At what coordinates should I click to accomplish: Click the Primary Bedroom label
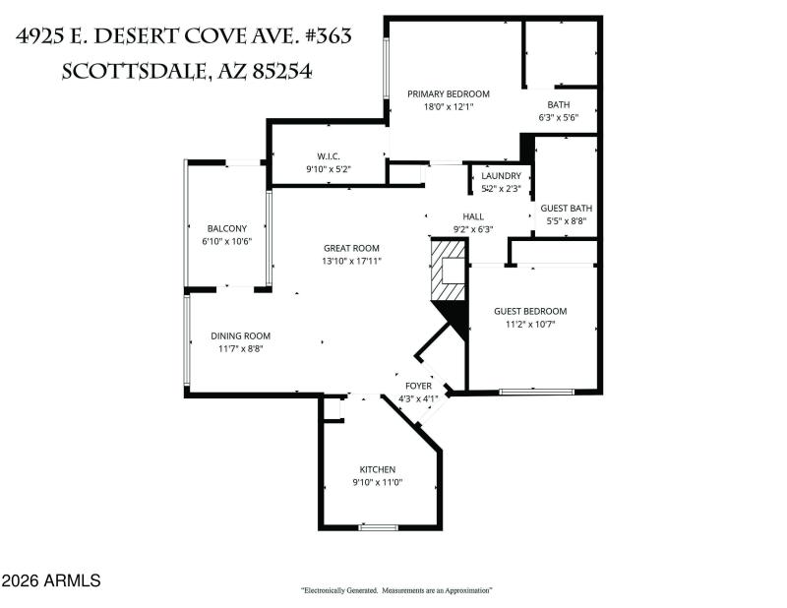(449, 94)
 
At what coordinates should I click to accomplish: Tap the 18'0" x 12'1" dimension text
(449, 107)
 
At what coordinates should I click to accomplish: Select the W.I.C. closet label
(328, 156)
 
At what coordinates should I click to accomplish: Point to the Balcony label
(226, 228)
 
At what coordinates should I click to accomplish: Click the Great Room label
(351, 248)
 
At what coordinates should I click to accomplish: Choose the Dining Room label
(240, 335)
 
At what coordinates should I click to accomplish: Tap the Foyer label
(419, 386)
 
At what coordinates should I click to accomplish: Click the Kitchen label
(377, 469)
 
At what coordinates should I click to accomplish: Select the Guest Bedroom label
(530, 311)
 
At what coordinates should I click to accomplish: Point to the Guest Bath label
(567, 208)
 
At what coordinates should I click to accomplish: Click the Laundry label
(501, 176)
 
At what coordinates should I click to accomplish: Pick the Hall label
(472, 216)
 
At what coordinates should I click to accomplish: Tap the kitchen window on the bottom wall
(377, 528)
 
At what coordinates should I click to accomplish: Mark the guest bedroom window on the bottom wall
(536, 393)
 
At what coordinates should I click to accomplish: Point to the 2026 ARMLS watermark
(51, 580)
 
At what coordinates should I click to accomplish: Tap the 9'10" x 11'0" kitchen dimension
(377, 482)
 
